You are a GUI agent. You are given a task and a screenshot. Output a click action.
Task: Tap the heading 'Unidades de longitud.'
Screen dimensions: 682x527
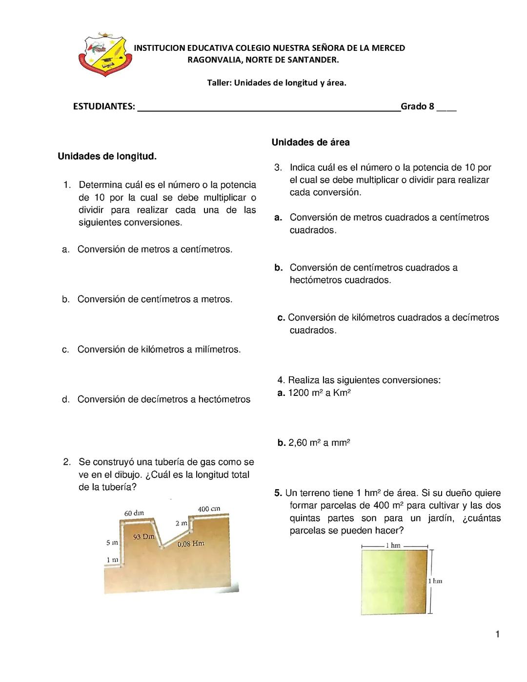(107, 157)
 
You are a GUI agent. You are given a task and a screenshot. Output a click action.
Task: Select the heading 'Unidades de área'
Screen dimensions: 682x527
(310, 143)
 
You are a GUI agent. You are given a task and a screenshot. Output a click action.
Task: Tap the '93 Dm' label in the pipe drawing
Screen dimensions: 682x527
(143, 537)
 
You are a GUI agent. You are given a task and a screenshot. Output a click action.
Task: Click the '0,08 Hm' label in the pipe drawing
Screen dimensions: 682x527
(191, 543)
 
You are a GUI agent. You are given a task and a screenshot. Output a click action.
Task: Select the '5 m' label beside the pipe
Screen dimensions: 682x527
(112, 542)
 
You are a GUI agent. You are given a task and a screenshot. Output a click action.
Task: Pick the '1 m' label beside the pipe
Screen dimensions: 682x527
(112, 559)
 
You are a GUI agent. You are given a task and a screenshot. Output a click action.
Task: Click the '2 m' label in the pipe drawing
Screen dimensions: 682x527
(181, 523)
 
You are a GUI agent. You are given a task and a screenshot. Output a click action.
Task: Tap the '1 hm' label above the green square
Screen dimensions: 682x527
(393, 545)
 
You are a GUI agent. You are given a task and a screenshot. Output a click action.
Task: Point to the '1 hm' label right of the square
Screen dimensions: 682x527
(435, 581)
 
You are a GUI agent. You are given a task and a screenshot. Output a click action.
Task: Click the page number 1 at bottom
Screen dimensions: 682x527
(497, 635)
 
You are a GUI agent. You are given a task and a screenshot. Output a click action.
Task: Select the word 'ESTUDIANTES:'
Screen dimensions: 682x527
(104, 106)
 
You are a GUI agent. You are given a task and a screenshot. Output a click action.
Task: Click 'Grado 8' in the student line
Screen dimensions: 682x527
(417, 106)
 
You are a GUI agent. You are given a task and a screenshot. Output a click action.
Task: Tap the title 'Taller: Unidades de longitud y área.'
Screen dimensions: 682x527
(277, 83)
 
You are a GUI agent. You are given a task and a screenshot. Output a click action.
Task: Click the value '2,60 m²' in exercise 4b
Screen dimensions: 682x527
(305, 443)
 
